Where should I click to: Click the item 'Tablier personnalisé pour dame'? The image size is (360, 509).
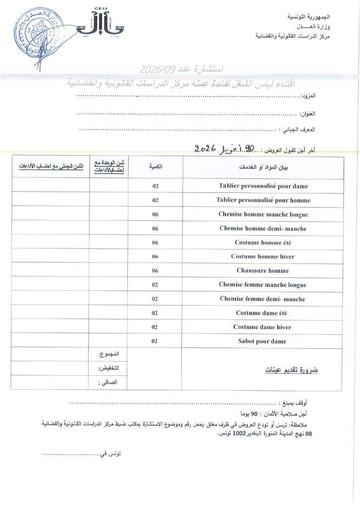click(x=263, y=186)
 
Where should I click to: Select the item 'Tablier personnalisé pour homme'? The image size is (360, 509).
click(x=263, y=200)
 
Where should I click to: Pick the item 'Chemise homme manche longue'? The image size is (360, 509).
click(x=263, y=215)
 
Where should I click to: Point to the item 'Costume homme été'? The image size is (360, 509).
click(x=263, y=243)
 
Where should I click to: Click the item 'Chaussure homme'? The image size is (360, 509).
click(x=263, y=271)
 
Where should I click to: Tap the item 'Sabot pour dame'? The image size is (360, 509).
click(x=263, y=341)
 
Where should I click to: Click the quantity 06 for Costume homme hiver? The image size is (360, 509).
click(x=155, y=257)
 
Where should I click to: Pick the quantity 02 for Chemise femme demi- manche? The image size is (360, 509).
click(x=155, y=299)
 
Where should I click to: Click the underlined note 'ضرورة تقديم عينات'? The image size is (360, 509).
click(x=290, y=370)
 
